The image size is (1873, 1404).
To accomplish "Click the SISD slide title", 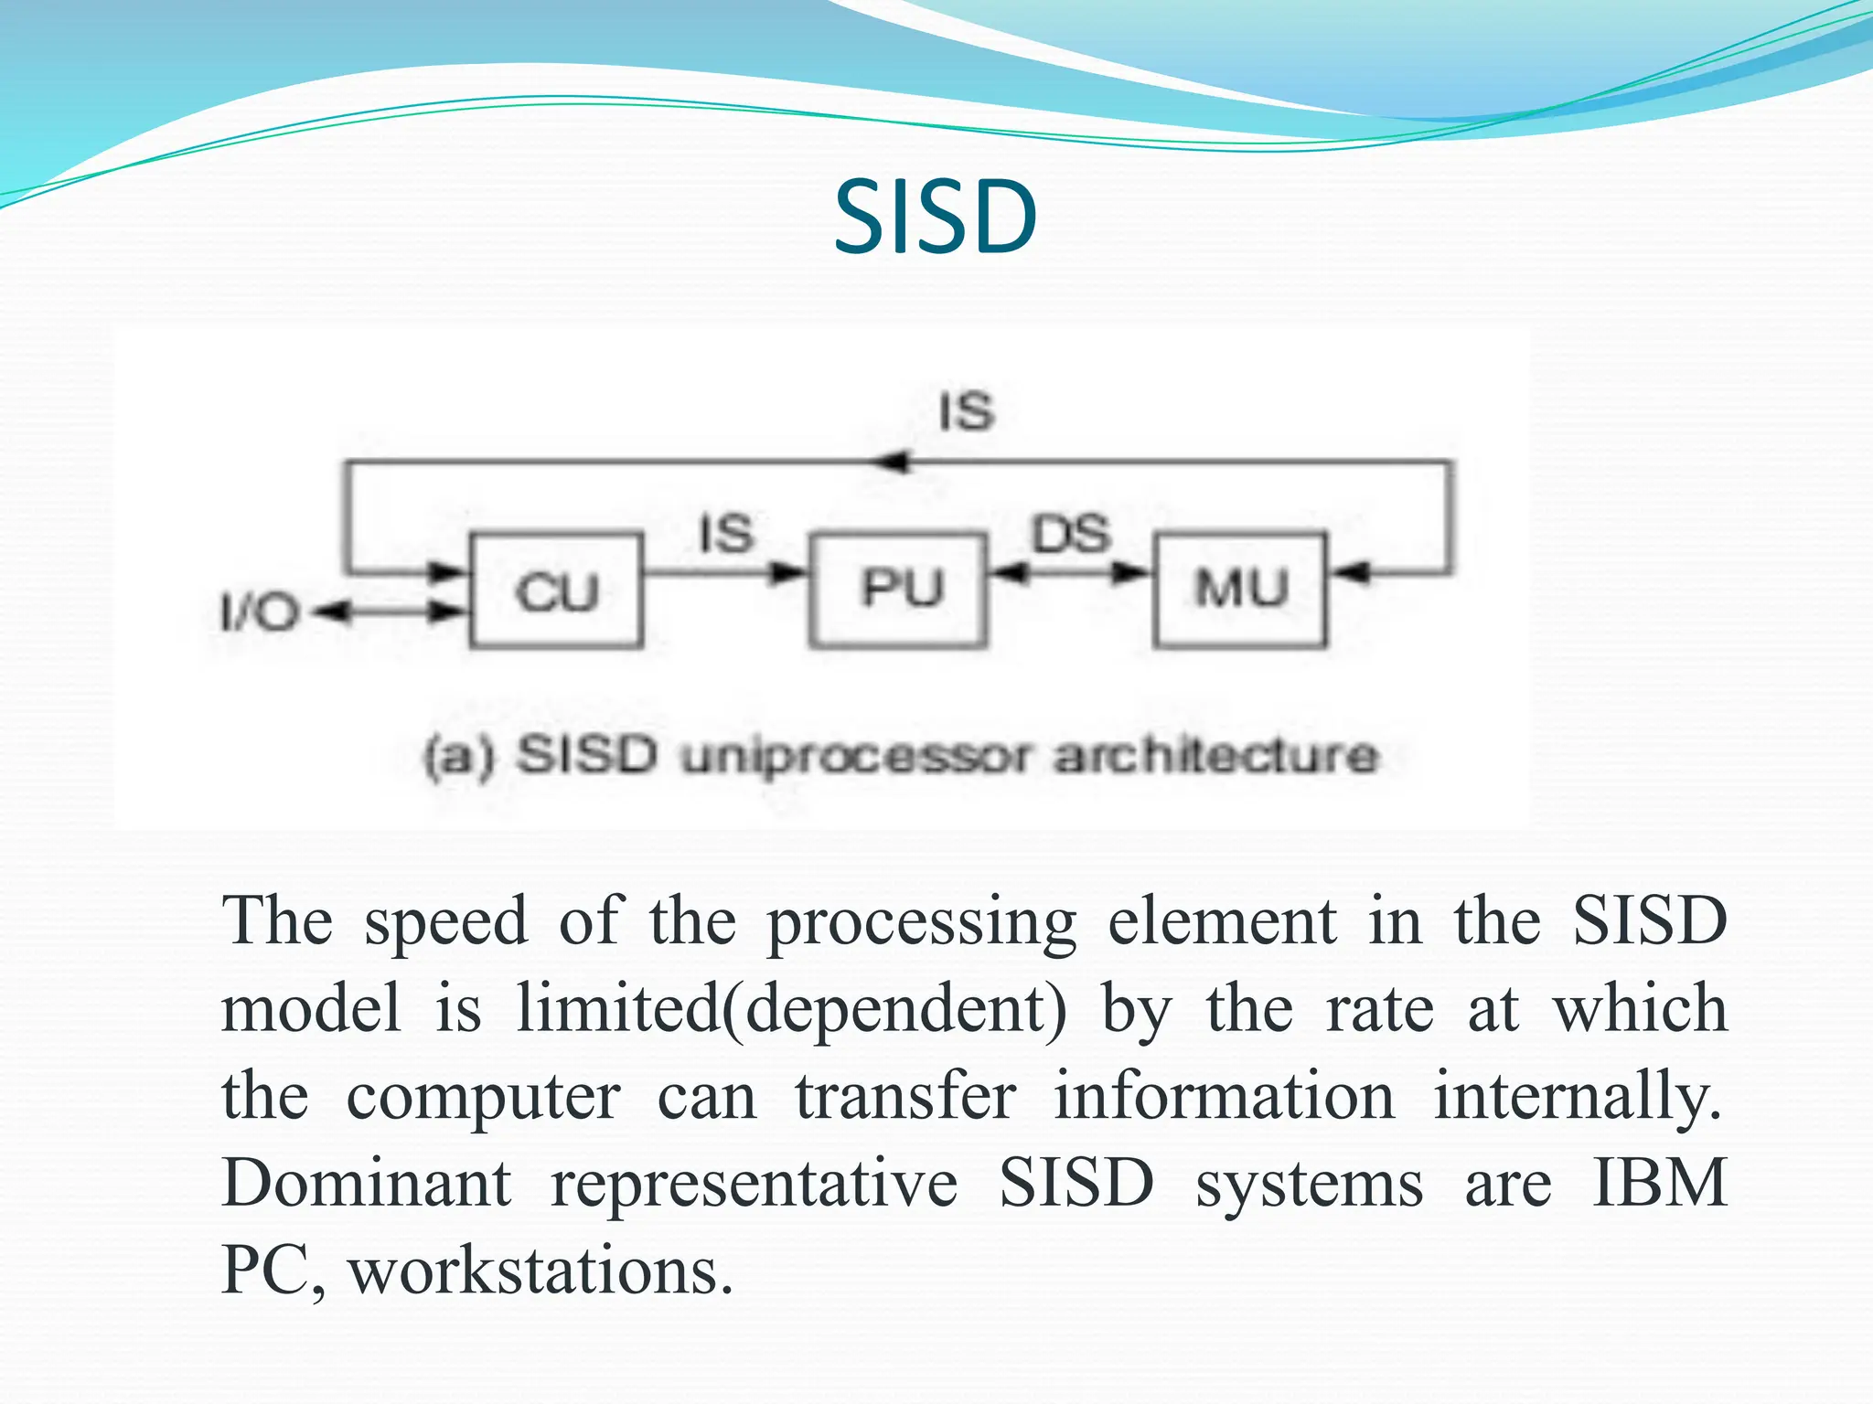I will (x=935, y=218).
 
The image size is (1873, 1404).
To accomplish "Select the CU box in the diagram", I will (x=555, y=590).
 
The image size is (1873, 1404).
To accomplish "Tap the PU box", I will (x=899, y=589).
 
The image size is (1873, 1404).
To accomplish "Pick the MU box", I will (x=1240, y=589).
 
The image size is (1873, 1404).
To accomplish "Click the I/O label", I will (x=259, y=612).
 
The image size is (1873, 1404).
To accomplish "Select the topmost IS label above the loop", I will (x=966, y=411).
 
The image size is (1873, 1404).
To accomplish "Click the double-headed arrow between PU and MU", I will (x=1070, y=574).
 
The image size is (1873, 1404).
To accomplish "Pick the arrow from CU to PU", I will (x=722, y=574).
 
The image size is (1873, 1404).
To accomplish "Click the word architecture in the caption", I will (x=1215, y=757).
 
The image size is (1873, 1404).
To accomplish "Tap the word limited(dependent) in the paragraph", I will (x=790, y=1009).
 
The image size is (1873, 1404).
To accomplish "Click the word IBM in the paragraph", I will (x=1659, y=1184).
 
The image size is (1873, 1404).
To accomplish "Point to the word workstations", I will (x=540, y=1271).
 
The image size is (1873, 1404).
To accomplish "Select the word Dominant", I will (x=366, y=1184).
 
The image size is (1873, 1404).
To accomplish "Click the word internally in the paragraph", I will (x=1575, y=1097).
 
